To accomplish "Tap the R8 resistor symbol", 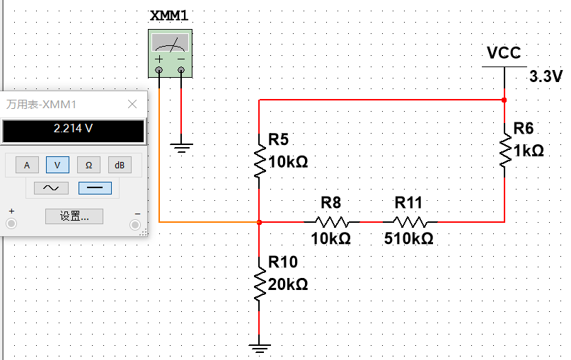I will (331, 221).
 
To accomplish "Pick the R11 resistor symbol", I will (408, 221).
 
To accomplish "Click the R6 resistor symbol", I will (504, 149).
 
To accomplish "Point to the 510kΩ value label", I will (408, 239).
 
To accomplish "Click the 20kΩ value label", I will (288, 285).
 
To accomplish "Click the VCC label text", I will (504, 53).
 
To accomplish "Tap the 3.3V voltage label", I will (545, 76).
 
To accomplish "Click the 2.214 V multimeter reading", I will (74, 129).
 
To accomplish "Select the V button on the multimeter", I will (57, 165).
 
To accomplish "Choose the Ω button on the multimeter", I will (88, 165).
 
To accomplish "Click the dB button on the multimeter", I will (120, 165).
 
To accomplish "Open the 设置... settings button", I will (74, 216).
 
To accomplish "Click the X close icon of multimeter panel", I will (132, 104).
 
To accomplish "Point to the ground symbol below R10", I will (260, 347).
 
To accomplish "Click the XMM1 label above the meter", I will (170, 16).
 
